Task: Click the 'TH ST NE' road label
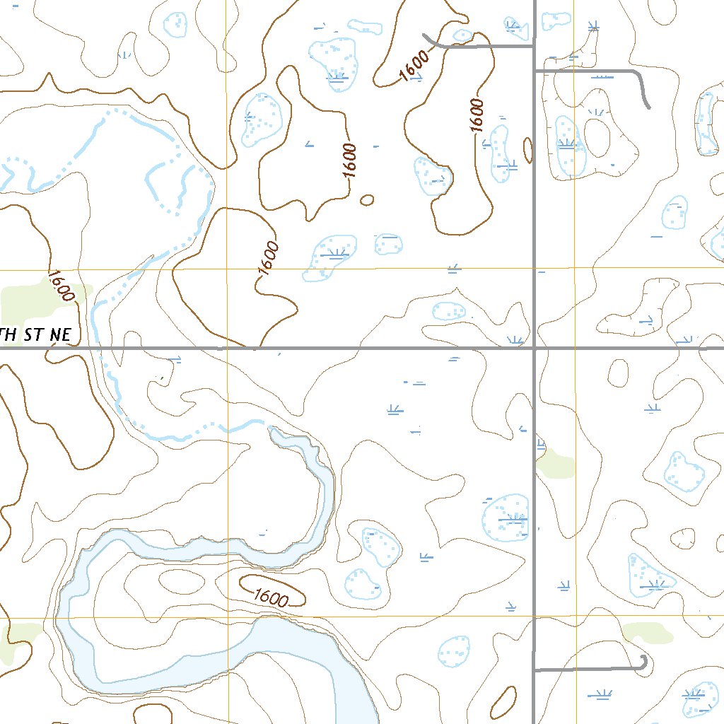(35, 334)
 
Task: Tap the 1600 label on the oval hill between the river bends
(270, 597)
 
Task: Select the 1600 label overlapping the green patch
(61, 286)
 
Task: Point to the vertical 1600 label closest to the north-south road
(477, 115)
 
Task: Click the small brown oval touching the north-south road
(527, 149)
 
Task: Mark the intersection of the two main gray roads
(535, 348)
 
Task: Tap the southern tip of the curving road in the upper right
(648, 107)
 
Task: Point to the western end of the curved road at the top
(424, 35)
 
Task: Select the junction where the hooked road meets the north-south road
(535, 670)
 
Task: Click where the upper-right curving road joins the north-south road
(535, 71)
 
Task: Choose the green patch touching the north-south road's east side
(556, 465)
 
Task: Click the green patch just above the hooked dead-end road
(648, 632)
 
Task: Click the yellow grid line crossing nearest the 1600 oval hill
(228, 617)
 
